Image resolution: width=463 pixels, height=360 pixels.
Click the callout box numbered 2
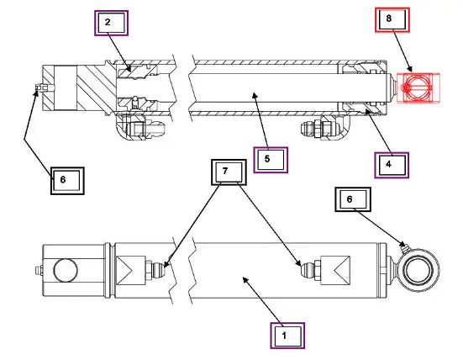tap(111, 23)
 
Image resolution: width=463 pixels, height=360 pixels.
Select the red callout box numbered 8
tap(392, 19)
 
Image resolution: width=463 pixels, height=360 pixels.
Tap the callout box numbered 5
tap(271, 160)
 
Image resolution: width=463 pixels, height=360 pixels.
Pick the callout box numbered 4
tap(392, 165)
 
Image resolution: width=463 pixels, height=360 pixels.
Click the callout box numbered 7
tap(229, 172)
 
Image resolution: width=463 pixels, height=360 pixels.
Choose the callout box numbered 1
tap(287, 336)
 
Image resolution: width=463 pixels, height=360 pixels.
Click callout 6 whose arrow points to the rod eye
tap(353, 199)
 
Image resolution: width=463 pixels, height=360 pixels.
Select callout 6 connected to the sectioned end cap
tap(67, 181)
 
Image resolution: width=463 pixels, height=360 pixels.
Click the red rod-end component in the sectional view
tap(418, 87)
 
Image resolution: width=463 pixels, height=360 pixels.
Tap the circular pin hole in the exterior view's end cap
tap(66, 270)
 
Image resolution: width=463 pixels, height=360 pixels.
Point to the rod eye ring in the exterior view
tap(418, 270)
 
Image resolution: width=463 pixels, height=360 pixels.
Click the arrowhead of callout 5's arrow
tap(255, 95)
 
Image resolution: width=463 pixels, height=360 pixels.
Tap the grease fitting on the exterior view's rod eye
tap(404, 248)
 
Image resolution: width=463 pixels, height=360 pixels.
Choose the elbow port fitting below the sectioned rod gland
tap(325, 127)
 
